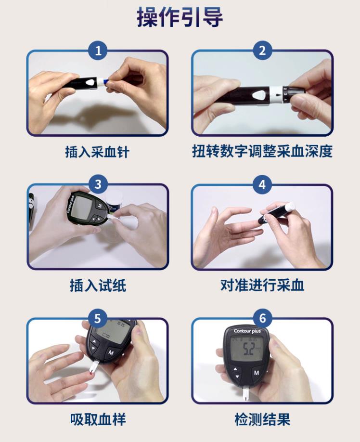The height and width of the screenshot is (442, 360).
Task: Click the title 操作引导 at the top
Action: pos(180,18)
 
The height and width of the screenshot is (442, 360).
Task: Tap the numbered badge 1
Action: pos(98,51)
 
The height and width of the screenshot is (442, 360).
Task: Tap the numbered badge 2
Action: pos(262,51)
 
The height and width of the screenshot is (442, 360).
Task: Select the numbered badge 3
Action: pos(98,184)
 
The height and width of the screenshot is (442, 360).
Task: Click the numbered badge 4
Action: pos(262,184)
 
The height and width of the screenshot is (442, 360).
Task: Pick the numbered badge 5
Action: pos(98,318)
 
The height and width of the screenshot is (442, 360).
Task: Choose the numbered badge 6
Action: pos(262,318)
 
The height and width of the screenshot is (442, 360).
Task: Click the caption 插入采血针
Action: pos(98,152)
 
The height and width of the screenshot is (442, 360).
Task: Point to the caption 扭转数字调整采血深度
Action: pos(262,152)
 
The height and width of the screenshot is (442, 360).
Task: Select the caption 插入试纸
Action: pos(98,286)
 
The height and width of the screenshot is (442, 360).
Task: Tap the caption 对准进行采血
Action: pos(262,286)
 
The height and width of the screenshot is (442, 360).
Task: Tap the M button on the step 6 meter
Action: pos(256,373)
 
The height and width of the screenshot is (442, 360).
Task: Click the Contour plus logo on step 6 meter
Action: pos(247,331)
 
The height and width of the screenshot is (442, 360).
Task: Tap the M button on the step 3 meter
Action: pos(100,206)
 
